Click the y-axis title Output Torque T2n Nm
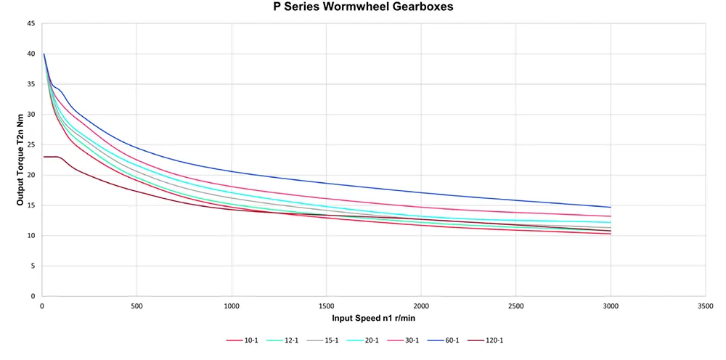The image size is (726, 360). pos(20,160)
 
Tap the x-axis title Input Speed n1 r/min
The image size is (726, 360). pos(373,318)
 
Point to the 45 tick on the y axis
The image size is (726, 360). pos(30,23)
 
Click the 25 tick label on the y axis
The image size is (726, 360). pos(30,144)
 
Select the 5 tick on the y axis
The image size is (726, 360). pos(33,266)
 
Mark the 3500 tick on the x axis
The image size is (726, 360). pos(705,306)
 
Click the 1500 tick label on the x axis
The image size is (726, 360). pos(326,306)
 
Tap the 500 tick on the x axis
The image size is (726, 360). pos(136,306)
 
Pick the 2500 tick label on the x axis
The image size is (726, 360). pos(515,306)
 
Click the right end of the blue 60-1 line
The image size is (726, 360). pos(611,207)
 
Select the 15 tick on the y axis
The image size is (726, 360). pos(30,205)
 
